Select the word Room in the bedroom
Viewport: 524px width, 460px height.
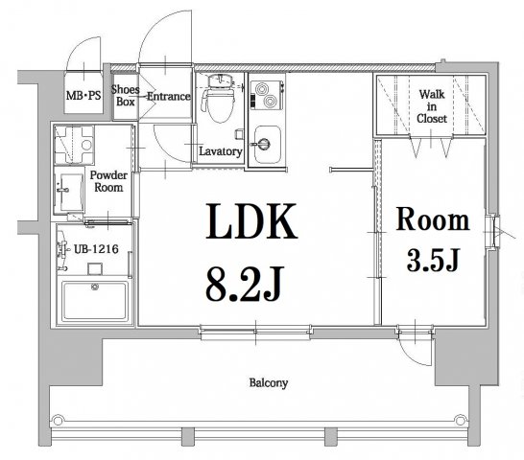point(433,221)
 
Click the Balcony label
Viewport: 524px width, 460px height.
point(270,382)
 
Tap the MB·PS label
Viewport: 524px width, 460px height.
point(83,96)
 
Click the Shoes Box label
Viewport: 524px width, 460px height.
point(126,96)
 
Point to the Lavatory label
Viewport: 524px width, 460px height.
point(219,151)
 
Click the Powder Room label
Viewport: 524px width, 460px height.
point(108,182)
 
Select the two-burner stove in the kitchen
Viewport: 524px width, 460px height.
point(264,97)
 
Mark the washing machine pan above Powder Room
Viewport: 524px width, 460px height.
point(75,146)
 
